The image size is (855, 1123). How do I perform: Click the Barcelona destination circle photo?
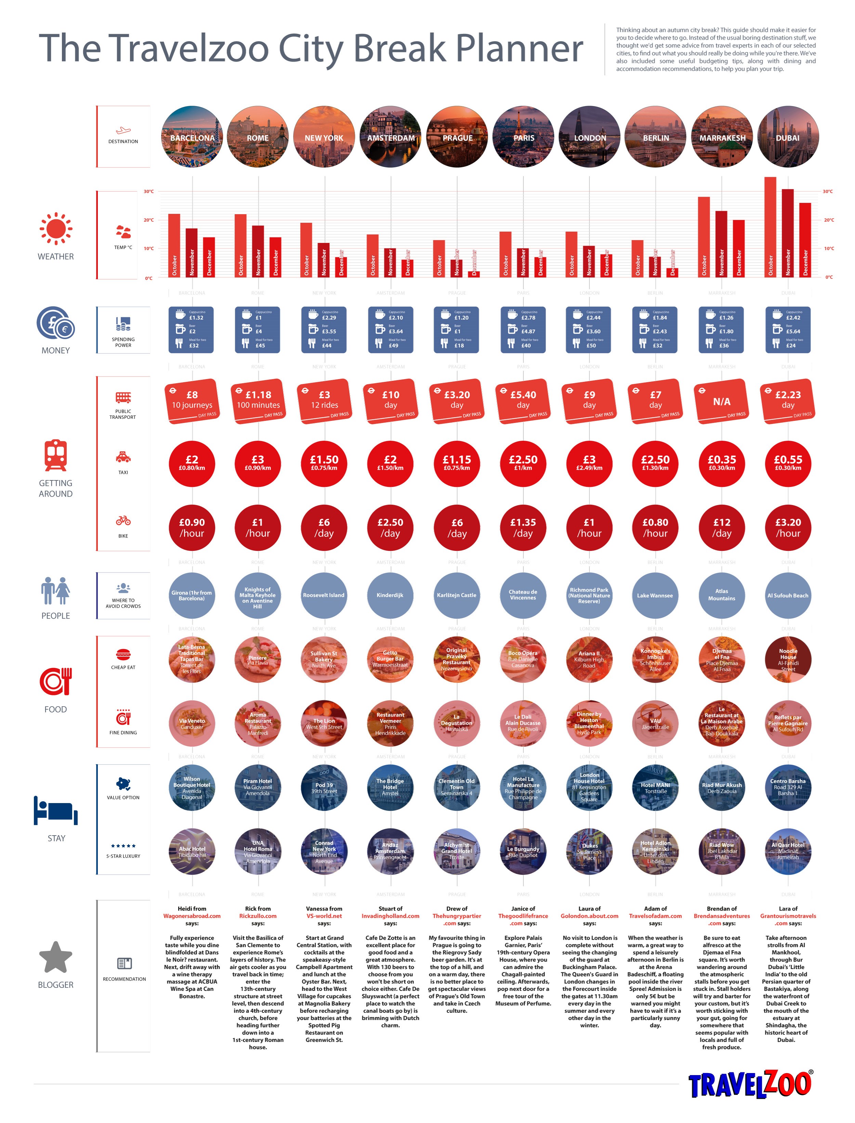(192, 137)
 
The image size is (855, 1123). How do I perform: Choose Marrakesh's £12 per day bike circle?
(722, 527)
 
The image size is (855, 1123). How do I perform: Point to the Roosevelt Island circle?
(324, 595)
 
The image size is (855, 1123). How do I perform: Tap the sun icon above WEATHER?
(56, 229)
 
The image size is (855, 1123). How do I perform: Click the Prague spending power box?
(457, 330)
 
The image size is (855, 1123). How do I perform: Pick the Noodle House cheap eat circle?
(788, 659)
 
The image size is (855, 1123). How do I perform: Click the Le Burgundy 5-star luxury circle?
(523, 852)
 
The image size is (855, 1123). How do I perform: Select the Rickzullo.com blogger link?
(258, 916)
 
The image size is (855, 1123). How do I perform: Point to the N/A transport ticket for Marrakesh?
(722, 401)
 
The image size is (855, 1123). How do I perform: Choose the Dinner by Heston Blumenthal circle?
(589, 723)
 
